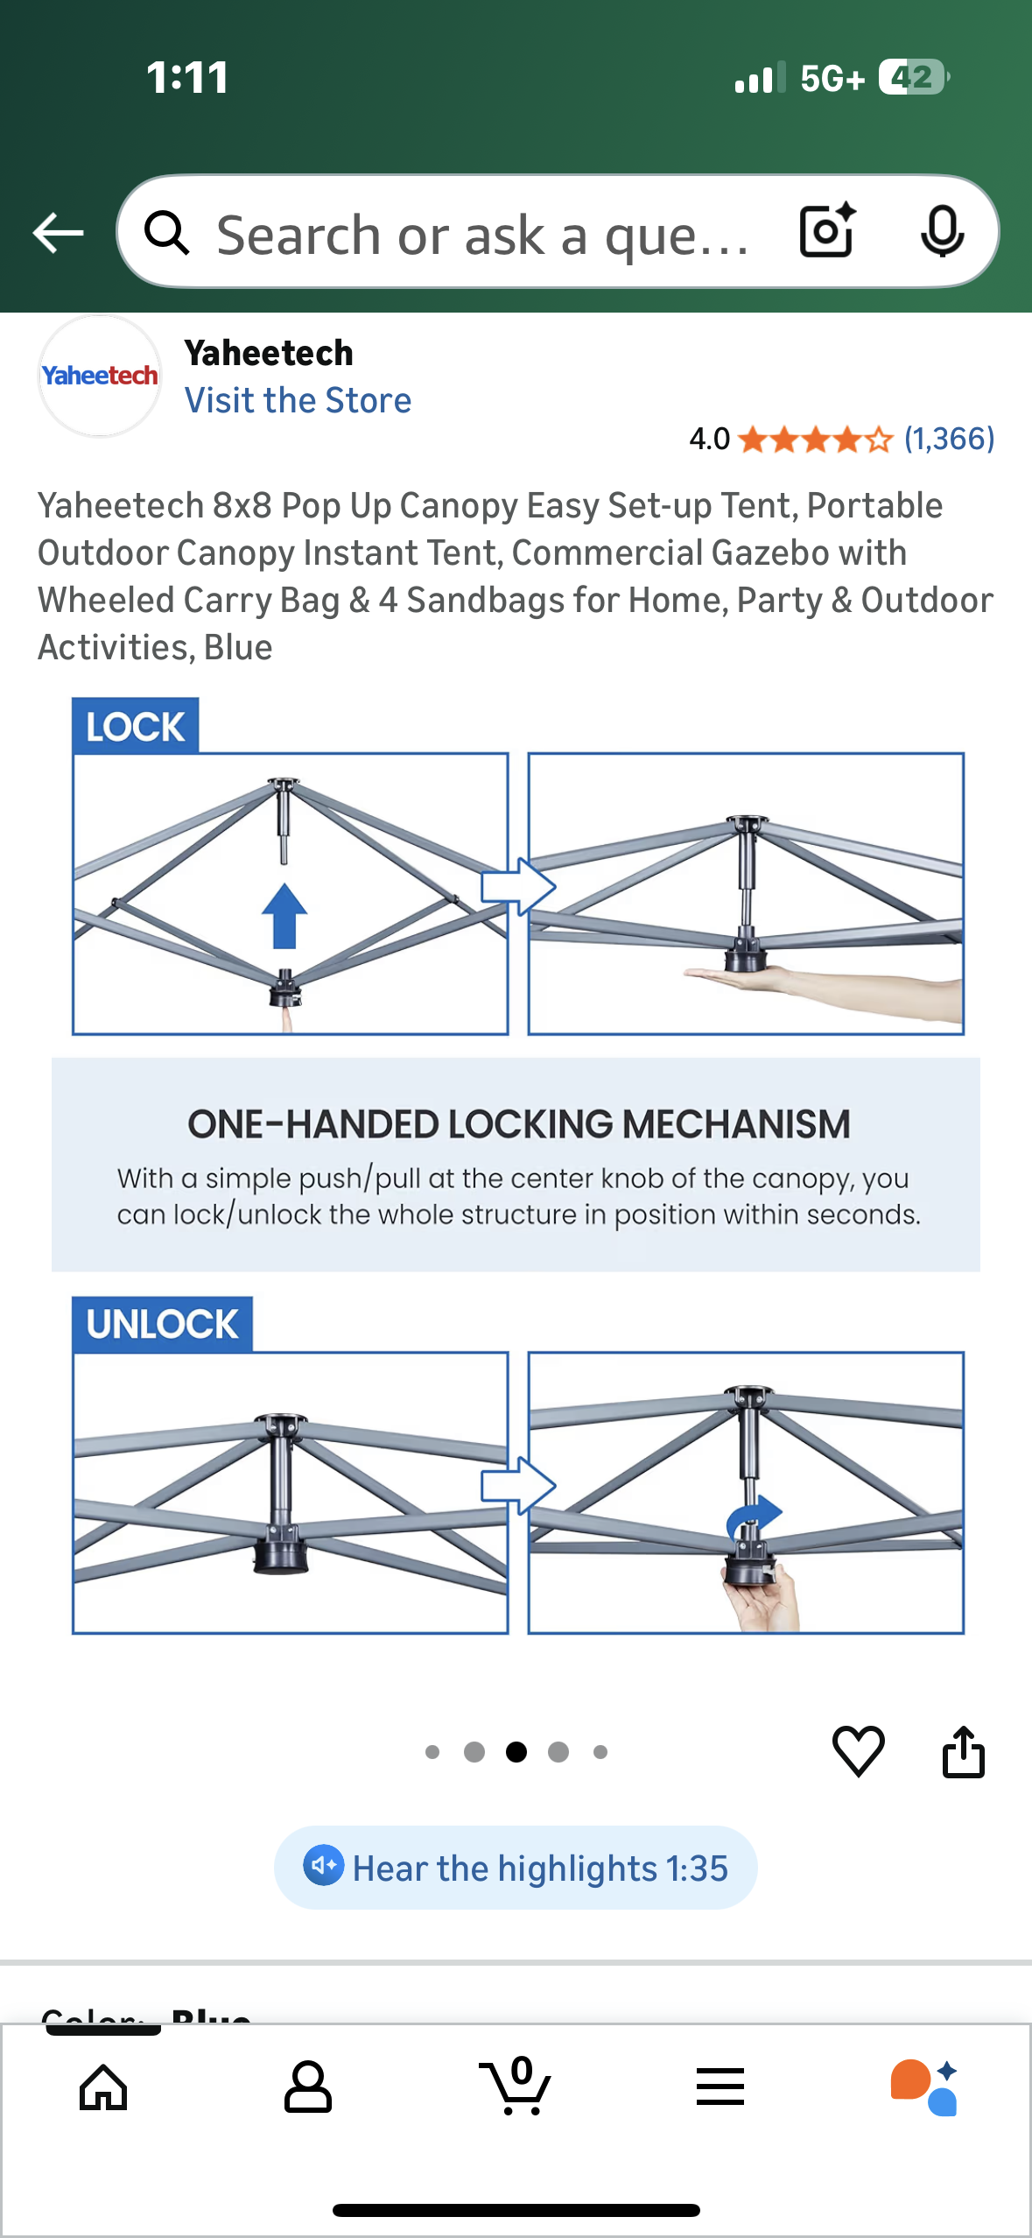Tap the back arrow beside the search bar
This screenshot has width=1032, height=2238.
coord(58,233)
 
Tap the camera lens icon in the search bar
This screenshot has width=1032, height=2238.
coord(826,231)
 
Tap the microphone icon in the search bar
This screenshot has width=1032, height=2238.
coord(942,231)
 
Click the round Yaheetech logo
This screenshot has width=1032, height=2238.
coord(100,377)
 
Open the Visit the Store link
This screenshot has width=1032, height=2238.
coord(298,400)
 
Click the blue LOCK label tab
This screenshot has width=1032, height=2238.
coord(136,726)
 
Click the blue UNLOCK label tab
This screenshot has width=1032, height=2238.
coord(163,1324)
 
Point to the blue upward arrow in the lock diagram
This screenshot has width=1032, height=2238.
coord(284,916)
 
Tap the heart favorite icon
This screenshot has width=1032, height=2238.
coord(858,1751)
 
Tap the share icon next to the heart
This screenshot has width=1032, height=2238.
coord(963,1751)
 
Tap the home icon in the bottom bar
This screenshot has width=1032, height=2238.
coord(103,2087)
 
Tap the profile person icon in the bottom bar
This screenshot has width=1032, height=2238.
coord(308,2087)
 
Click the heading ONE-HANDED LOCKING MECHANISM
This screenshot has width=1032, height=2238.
coord(518,1123)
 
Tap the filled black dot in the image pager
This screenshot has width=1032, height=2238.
coord(516,1752)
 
